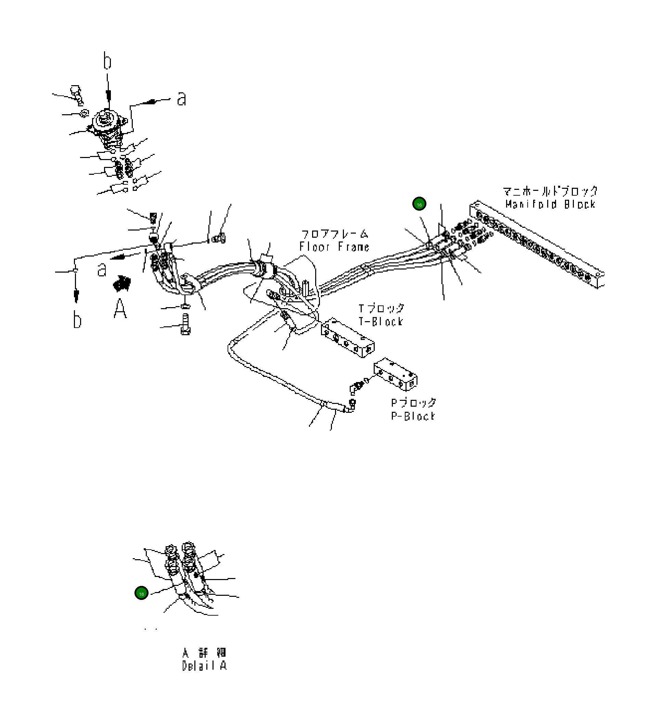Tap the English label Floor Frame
pos(334,247)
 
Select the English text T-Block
pos(381,321)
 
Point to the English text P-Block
pos(413,416)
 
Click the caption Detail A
pos(204,666)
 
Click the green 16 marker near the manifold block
pos(419,204)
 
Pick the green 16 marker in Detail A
pos(141,594)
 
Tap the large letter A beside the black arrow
pos(120,309)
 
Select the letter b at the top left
pos(107,61)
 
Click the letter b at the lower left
pos(77,320)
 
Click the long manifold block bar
pos(537,244)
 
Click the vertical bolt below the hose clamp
pos(185,325)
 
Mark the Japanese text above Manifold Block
pos(550,191)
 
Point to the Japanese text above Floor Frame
pos(334,234)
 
